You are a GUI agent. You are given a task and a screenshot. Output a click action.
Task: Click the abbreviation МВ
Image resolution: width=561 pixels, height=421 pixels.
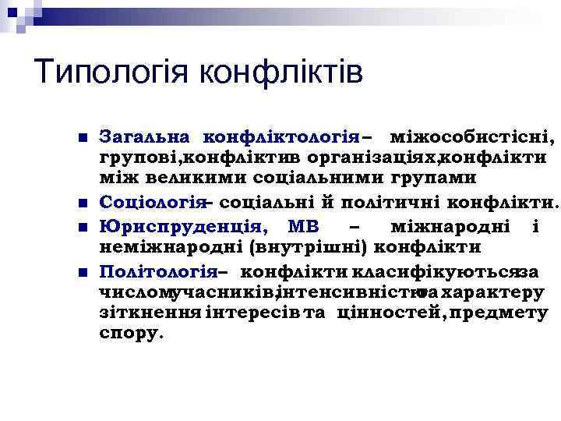[x=304, y=226]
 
